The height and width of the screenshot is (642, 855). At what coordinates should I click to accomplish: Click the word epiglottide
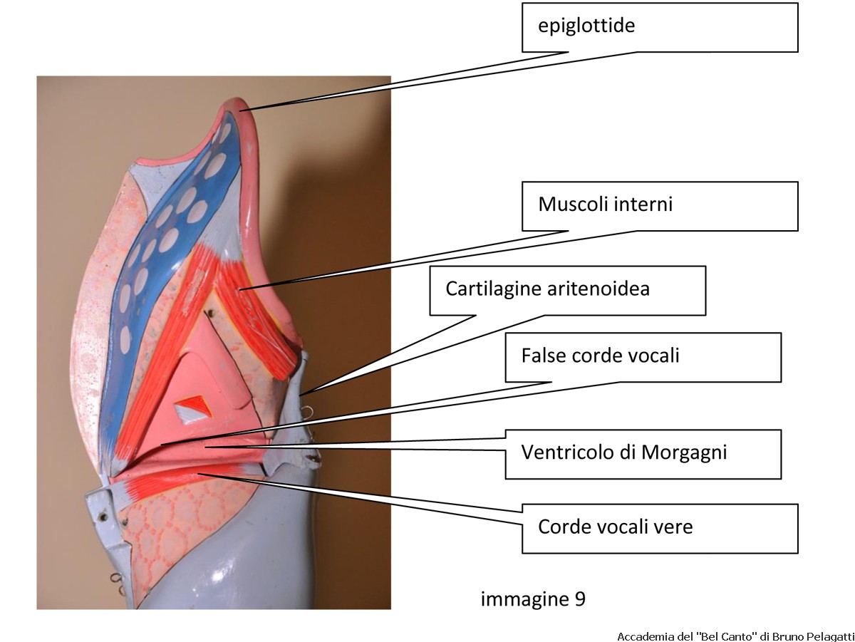pyautogui.click(x=586, y=26)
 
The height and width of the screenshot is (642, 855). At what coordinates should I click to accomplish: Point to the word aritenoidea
pyautogui.click(x=598, y=289)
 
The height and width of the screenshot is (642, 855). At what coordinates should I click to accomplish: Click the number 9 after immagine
pyautogui.click(x=580, y=599)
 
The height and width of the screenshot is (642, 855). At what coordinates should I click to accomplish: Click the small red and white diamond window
pyautogui.click(x=194, y=410)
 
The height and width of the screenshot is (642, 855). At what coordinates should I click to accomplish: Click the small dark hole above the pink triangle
pyautogui.click(x=211, y=312)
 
